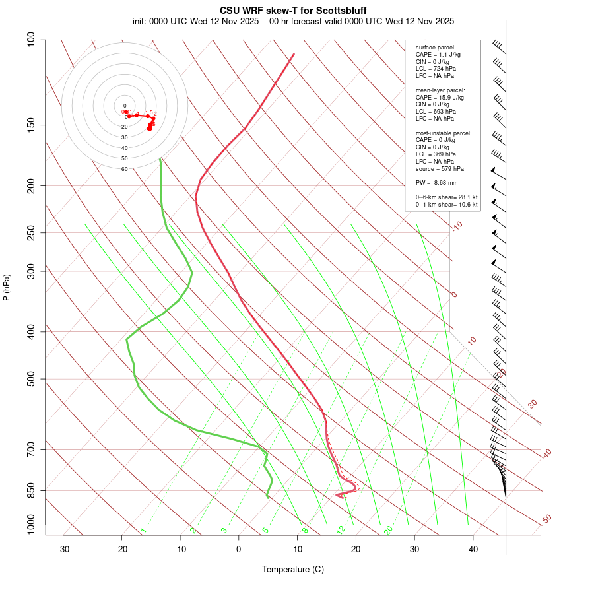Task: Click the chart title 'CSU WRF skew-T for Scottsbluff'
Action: pyautogui.click(x=293, y=11)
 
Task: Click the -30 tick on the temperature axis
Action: pyautogui.click(x=63, y=549)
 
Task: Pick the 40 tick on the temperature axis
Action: pyautogui.click(x=473, y=549)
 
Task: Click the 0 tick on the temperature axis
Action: pyautogui.click(x=239, y=549)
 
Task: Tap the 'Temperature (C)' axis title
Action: pyautogui.click(x=292, y=569)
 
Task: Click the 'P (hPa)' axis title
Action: pyautogui.click(x=7, y=287)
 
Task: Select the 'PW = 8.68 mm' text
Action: pyautogui.click(x=436, y=182)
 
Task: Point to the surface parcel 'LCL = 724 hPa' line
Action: pyautogui.click(x=435, y=69)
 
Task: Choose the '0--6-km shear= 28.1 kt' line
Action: pyautogui.click(x=446, y=197)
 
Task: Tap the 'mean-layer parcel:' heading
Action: pyautogui.click(x=440, y=90)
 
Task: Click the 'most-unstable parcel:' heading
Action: pyautogui.click(x=444, y=133)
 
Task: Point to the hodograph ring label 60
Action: pyautogui.click(x=124, y=169)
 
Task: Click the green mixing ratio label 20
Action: pyautogui.click(x=388, y=529)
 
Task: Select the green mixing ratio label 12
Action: pyautogui.click(x=341, y=529)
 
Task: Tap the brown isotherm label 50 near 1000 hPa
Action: pyautogui.click(x=546, y=519)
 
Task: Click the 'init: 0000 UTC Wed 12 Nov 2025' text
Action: pyautogui.click(x=197, y=22)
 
